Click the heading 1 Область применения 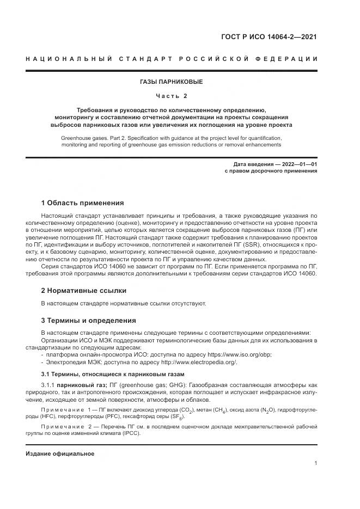pyautogui.click(x=83, y=203)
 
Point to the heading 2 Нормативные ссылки pyautogui.click(x=84, y=291)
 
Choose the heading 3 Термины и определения pyautogui.click(x=89, y=320)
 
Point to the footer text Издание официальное pyautogui.click(x=60, y=453)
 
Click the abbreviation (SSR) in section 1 pyautogui.click(x=254, y=245)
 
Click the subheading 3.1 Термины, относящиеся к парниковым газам pyautogui.click(x=113, y=374)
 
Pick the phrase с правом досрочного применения pyautogui.click(x=271, y=171)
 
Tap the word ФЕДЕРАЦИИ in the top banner pyautogui.click(x=290, y=59)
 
